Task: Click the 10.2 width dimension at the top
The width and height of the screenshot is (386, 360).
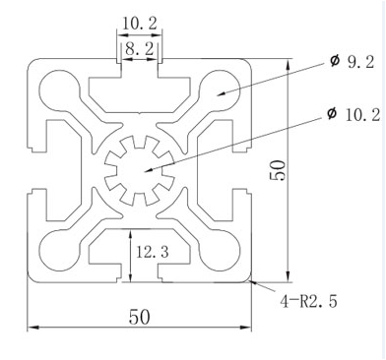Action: pos(140,24)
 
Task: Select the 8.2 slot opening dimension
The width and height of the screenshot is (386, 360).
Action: pos(140,49)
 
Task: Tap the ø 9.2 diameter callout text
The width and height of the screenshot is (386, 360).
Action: pos(352,61)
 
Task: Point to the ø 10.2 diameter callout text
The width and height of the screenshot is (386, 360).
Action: pos(354,115)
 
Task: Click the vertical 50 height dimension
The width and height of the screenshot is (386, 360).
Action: pos(278,170)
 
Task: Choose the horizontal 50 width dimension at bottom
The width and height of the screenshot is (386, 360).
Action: pos(139,317)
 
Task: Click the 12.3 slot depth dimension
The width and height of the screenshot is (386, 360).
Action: pos(153,252)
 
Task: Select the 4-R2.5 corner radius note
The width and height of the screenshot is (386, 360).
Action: pos(308,301)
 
